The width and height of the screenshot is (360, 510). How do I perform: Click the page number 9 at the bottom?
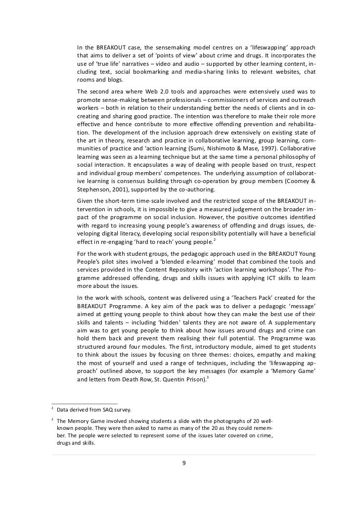point(184,463)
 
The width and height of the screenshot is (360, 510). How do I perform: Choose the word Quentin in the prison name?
point(178,381)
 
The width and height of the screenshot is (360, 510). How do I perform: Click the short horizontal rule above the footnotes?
point(84,403)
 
